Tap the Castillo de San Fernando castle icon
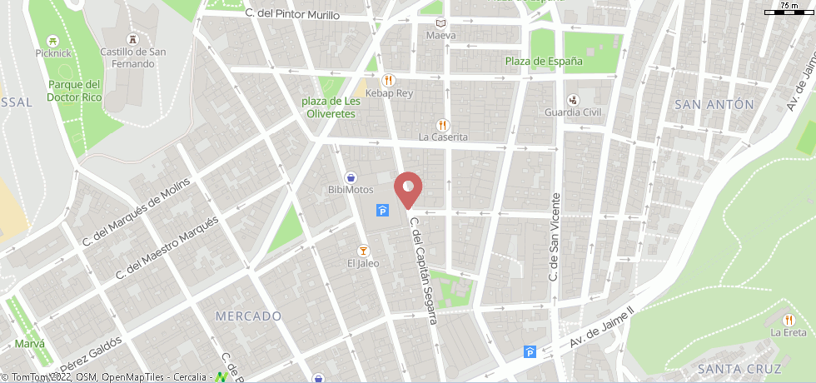click(x=132, y=40)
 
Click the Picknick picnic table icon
click(x=53, y=40)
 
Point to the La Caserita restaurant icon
click(x=443, y=124)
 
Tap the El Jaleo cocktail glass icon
click(x=363, y=251)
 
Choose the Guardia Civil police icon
click(x=573, y=99)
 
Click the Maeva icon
click(x=440, y=23)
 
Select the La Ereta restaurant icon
click(x=789, y=320)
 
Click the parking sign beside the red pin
click(x=382, y=210)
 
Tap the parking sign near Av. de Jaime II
click(x=530, y=352)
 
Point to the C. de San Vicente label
click(x=553, y=236)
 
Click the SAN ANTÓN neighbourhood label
click(x=714, y=104)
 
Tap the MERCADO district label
click(x=248, y=316)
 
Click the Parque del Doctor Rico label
click(x=74, y=91)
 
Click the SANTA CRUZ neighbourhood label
click(x=739, y=369)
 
